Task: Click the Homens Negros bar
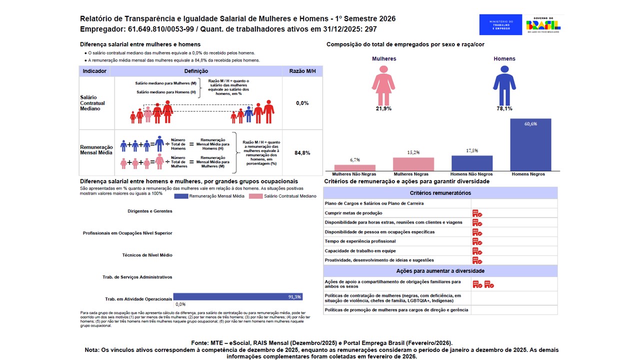(x=530, y=145)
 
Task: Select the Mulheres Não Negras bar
(x=354, y=168)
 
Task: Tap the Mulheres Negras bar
(x=413, y=164)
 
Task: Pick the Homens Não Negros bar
(x=472, y=163)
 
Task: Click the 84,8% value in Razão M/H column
(x=302, y=153)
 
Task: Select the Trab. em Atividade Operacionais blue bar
(x=237, y=296)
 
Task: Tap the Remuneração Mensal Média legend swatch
(x=180, y=196)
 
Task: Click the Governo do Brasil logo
(x=543, y=24)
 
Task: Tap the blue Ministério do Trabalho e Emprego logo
(x=500, y=24)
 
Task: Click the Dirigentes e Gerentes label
(x=150, y=211)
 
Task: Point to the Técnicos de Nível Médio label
(x=147, y=255)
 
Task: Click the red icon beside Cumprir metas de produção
(x=477, y=213)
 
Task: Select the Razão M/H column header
(x=302, y=71)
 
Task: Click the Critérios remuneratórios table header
(x=440, y=193)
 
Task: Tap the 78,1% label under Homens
(x=504, y=108)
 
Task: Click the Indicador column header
(x=94, y=71)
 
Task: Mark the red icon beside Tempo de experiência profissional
(x=477, y=241)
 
